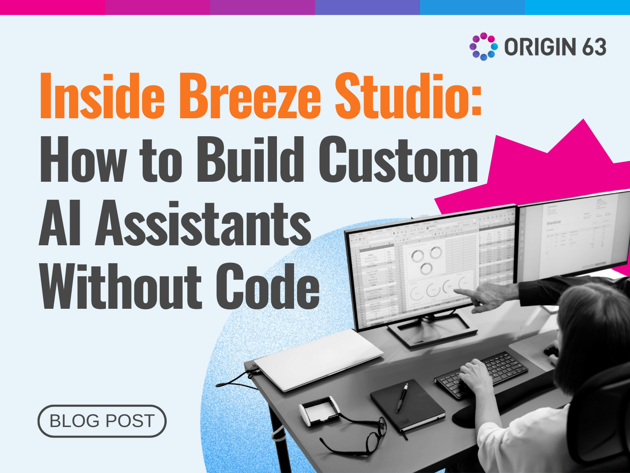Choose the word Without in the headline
pos(121,287)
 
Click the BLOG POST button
pos(102,421)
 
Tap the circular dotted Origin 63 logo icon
pos(483,46)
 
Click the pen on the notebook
pos(402,398)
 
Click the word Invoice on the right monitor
pos(553,222)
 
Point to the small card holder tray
pos(319,411)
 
